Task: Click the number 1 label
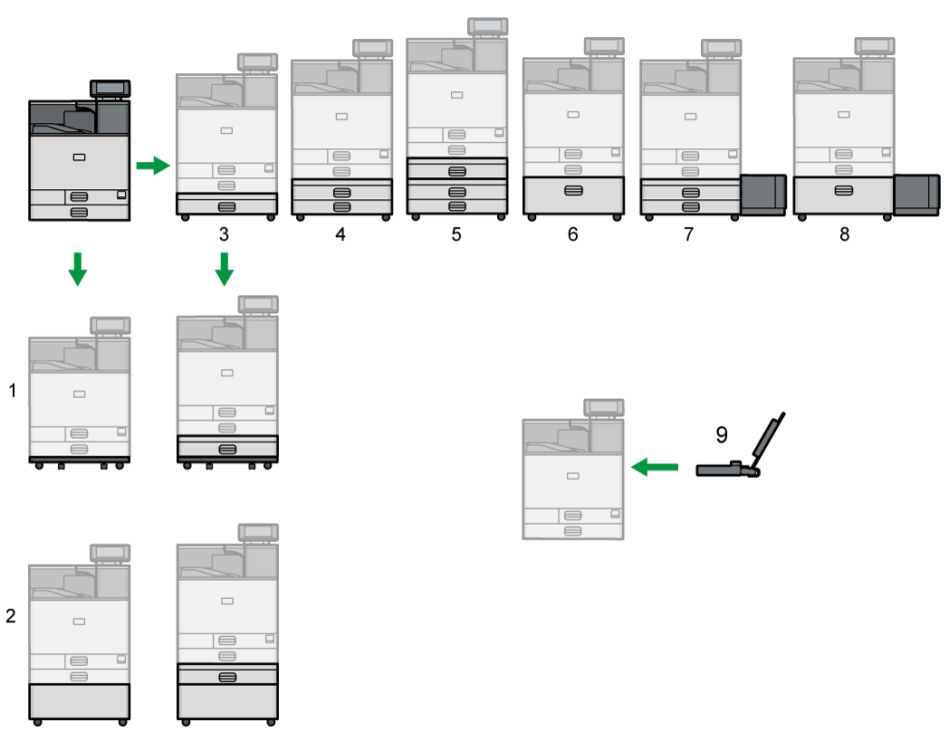pyautogui.click(x=13, y=391)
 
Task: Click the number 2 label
pyautogui.click(x=11, y=617)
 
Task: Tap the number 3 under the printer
pyautogui.click(x=224, y=234)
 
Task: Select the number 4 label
pyautogui.click(x=340, y=234)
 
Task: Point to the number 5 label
pyautogui.click(x=455, y=234)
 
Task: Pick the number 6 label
pyautogui.click(x=572, y=234)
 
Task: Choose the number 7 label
pyautogui.click(x=688, y=234)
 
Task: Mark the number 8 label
pyautogui.click(x=844, y=234)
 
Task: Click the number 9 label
pyautogui.click(x=722, y=434)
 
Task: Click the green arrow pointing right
pyautogui.click(x=152, y=166)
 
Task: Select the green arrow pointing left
pyautogui.click(x=654, y=467)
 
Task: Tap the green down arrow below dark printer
pyautogui.click(x=78, y=269)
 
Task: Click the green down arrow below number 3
pyautogui.click(x=225, y=269)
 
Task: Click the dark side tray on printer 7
pyautogui.click(x=762, y=195)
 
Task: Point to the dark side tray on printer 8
pyautogui.click(x=916, y=195)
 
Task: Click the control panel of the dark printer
pyautogui.click(x=110, y=89)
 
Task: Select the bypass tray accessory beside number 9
pyautogui.click(x=738, y=457)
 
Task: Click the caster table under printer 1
pyautogui.click(x=79, y=462)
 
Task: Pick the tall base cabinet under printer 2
pyautogui.click(x=79, y=700)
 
